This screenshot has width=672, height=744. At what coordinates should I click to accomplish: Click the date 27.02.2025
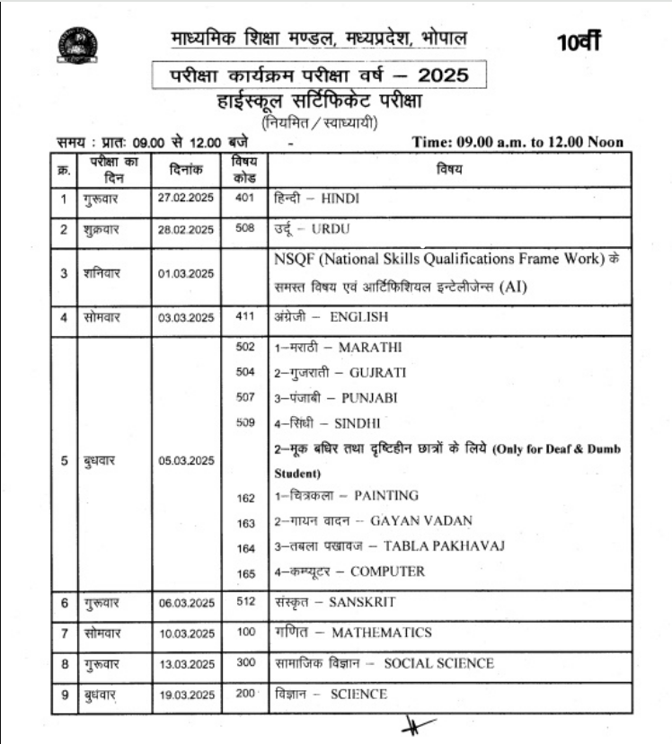pyautogui.click(x=186, y=198)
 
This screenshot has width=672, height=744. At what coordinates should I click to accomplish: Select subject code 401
pyautogui.click(x=245, y=198)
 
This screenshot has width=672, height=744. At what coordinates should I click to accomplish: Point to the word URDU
pyautogui.click(x=330, y=230)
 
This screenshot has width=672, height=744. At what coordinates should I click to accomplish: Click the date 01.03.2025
pyautogui.click(x=186, y=273)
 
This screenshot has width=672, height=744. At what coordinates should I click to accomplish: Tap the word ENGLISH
pyautogui.click(x=359, y=317)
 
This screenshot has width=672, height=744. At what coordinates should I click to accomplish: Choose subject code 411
pyautogui.click(x=245, y=316)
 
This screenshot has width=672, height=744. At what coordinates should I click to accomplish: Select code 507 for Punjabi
pyautogui.click(x=245, y=397)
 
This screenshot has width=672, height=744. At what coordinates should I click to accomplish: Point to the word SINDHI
pyautogui.click(x=358, y=423)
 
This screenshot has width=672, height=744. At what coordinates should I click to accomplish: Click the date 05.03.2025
pyautogui.click(x=186, y=461)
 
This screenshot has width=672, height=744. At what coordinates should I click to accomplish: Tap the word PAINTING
pyautogui.click(x=386, y=496)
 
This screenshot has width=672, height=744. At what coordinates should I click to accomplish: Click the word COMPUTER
pyautogui.click(x=387, y=571)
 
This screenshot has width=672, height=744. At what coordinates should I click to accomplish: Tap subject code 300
pyautogui.click(x=245, y=663)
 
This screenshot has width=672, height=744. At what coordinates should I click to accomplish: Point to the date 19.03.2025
pyautogui.click(x=186, y=695)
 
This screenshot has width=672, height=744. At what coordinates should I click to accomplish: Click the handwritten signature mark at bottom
pyautogui.click(x=418, y=724)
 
